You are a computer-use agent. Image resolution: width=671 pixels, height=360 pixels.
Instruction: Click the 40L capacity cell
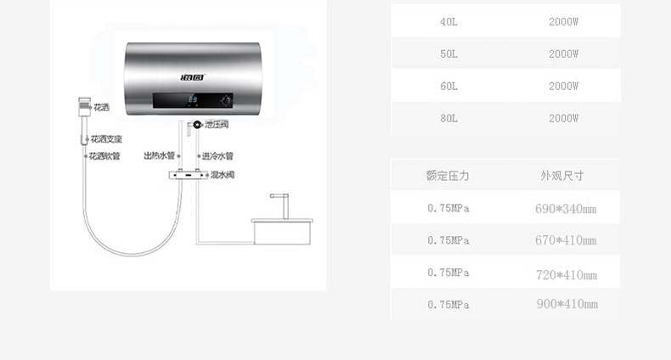click(448, 22)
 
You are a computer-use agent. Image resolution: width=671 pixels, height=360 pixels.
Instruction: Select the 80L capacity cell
click(448, 118)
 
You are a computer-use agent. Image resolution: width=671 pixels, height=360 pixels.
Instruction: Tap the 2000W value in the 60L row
click(564, 87)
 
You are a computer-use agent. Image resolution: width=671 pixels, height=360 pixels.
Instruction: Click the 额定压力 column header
click(448, 176)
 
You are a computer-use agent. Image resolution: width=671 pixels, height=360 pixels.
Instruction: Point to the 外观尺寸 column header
click(562, 176)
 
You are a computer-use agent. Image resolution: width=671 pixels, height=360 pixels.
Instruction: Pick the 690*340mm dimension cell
click(566, 209)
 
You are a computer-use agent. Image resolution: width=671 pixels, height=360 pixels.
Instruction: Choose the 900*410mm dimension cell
click(567, 304)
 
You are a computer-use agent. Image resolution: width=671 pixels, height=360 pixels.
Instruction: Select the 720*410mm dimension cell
click(567, 274)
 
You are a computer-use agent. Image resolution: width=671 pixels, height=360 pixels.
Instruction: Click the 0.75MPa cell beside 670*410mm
click(448, 241)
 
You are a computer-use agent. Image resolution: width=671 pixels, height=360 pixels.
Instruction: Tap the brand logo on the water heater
click(193, 77)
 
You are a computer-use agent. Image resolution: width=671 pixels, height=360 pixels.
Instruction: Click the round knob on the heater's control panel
click(226, 101)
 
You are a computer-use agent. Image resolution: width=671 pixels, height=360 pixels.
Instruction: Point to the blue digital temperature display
click(193, 100)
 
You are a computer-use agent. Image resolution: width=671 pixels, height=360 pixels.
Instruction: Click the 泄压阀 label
click(217, 125)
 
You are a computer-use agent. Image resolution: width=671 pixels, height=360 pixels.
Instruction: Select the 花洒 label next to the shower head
click(101, 107)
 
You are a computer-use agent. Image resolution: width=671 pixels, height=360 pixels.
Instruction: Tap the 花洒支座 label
click(106, 139)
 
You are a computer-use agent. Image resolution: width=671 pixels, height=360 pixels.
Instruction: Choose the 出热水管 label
click(159, 155)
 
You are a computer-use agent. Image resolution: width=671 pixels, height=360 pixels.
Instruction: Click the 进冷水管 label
click(217, 156)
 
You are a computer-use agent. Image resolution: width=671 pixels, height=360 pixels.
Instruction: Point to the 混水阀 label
click(223, 174)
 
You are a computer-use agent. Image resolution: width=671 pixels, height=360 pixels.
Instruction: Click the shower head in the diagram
click(85, 107)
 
